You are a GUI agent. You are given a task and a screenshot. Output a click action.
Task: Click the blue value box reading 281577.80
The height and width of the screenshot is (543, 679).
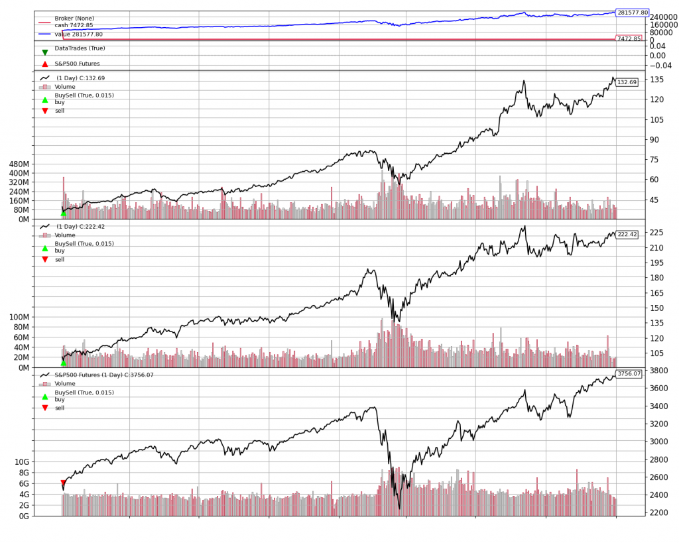point(632,13)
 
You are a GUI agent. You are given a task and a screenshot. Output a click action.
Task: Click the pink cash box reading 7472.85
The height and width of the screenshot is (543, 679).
point(629,39)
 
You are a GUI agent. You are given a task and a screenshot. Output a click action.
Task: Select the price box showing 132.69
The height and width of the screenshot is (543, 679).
point(627,82)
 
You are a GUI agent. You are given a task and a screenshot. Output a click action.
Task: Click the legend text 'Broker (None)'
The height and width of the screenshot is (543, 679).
point(74,19)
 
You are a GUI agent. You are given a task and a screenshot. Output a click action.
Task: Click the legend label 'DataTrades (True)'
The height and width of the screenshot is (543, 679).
point(80,48)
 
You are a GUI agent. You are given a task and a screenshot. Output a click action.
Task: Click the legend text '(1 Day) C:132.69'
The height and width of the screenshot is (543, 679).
point(80,78)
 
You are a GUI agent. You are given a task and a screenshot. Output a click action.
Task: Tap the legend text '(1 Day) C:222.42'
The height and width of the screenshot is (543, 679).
point(80,227)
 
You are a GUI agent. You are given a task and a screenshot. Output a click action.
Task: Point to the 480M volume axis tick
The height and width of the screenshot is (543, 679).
point(20,164)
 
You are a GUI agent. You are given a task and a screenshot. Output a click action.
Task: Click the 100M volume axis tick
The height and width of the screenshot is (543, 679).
point(20,318)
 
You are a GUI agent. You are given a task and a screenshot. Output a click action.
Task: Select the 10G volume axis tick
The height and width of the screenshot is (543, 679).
point(22,461)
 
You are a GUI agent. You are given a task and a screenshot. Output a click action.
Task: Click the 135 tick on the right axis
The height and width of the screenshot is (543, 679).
point(656,80)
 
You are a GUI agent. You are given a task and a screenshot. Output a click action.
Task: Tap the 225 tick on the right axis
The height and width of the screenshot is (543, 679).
point(656,232)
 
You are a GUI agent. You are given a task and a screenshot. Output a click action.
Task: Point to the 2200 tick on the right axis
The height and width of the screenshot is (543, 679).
point(659,513)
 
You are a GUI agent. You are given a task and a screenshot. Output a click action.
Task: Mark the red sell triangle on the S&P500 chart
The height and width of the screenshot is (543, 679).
point(64,483)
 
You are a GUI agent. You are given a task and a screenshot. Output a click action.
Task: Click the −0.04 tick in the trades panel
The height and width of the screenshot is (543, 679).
point(660,65)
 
